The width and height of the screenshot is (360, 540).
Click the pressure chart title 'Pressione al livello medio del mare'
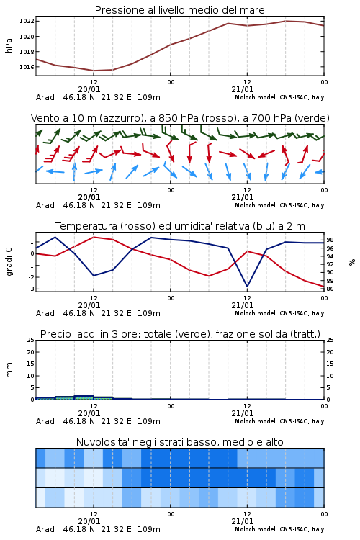[179, 10]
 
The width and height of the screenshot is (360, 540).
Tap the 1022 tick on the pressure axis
[27, 21]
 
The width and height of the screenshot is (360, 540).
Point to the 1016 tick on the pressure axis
[27, 67]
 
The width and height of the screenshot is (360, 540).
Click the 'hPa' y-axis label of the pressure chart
[9, 45]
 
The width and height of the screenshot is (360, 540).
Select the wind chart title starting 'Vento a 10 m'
[180, 118]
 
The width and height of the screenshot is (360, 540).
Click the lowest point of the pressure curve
[94, 71]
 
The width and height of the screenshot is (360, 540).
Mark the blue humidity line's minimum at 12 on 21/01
[247, 286]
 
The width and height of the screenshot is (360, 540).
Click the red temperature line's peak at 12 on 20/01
[94, 238]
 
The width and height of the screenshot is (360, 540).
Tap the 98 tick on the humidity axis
[330, 240]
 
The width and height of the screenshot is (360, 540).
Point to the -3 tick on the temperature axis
[32, 289]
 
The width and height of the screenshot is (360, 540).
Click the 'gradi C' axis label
[9, 262]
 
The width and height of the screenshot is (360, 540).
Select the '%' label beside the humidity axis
[352, 262]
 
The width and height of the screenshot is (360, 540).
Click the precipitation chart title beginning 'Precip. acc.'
[180, 334]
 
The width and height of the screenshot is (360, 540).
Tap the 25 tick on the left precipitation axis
[31, 340]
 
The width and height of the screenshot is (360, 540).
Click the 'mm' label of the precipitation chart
[9, 370]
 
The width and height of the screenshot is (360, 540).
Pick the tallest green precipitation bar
[84, 397]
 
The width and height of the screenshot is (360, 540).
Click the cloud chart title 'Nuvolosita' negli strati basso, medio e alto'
[179, 442]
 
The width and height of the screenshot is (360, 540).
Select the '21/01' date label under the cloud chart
[242, 521]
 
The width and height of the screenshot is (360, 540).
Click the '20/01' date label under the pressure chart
[89, 89]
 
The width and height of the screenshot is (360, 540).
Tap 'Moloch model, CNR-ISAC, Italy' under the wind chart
[279, 205]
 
